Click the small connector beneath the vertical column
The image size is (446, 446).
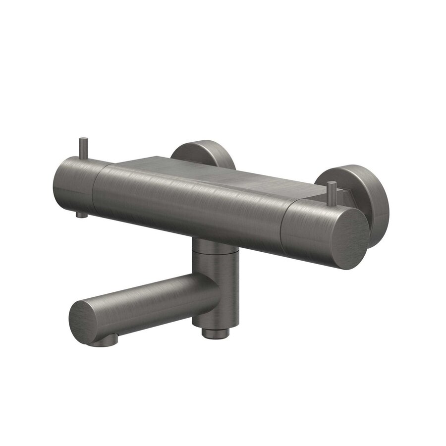pos(213,333)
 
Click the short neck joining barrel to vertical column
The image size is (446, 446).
pos(211,245)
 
